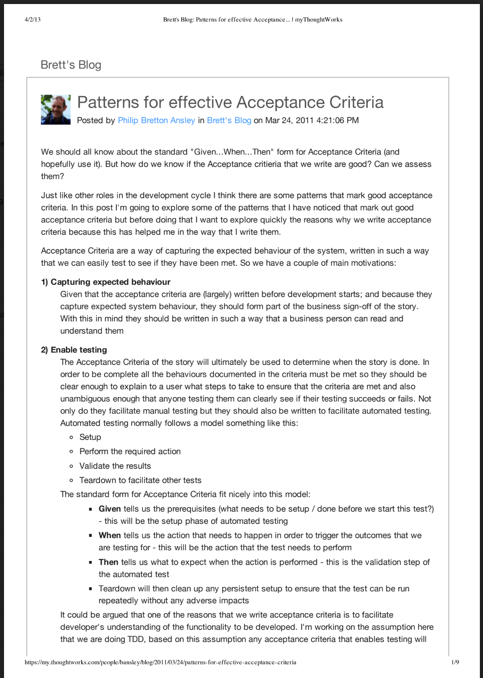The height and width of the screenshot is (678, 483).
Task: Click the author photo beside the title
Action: point(56,109)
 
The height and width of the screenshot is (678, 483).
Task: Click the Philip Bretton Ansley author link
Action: point(156,121)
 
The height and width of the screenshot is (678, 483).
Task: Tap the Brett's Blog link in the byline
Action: point(229,121)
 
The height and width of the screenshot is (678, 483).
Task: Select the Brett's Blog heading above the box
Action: point(71,65)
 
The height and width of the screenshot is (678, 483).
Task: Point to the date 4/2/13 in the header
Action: point(33,20)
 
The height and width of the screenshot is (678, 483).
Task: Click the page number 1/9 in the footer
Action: point(455,662)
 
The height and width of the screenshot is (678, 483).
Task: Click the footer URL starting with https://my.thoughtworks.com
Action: point(160,662)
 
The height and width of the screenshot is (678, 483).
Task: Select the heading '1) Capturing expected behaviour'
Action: point(106,282)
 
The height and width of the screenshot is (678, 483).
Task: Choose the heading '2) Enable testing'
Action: point(74,350)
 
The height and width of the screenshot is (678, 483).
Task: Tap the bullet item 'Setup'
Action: point(90,437)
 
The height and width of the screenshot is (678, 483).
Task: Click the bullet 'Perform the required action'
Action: point(130,452)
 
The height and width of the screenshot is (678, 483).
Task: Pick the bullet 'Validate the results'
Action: point(115,466)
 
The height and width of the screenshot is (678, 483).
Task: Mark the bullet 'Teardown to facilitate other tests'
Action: point(140,481)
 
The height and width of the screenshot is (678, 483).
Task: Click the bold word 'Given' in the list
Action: point(110,509)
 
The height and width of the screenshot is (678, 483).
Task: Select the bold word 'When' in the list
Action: point(110,536)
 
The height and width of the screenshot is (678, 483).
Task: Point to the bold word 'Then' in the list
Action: point(108,562)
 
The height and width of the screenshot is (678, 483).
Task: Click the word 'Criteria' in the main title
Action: point(356,103)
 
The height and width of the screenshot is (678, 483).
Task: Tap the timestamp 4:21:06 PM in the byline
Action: point(337,121)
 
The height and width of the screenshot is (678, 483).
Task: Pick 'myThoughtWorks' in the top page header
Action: point(319,20)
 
